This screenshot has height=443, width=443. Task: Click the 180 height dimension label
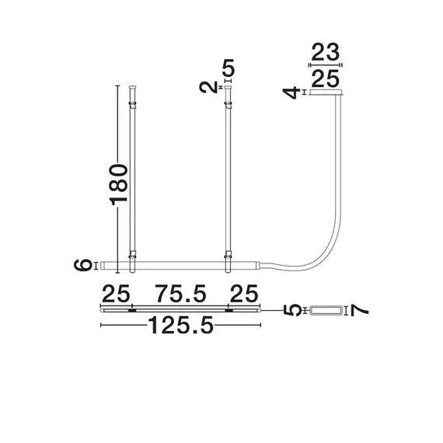(x=117, y=185)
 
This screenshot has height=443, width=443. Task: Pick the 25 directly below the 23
(x=325, y=79)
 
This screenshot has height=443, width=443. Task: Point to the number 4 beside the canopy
(x=292, y=94)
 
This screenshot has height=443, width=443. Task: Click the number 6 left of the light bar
(x=84, y=265)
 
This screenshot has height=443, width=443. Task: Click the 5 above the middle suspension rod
(x=227, y=68)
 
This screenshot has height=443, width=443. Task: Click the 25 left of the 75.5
(x=116, y=294)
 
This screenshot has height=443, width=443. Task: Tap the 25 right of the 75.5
(x=242, y=294)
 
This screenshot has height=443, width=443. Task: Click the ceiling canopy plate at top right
(x=325, y=94)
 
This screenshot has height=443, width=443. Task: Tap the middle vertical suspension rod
(x=228, y=179)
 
